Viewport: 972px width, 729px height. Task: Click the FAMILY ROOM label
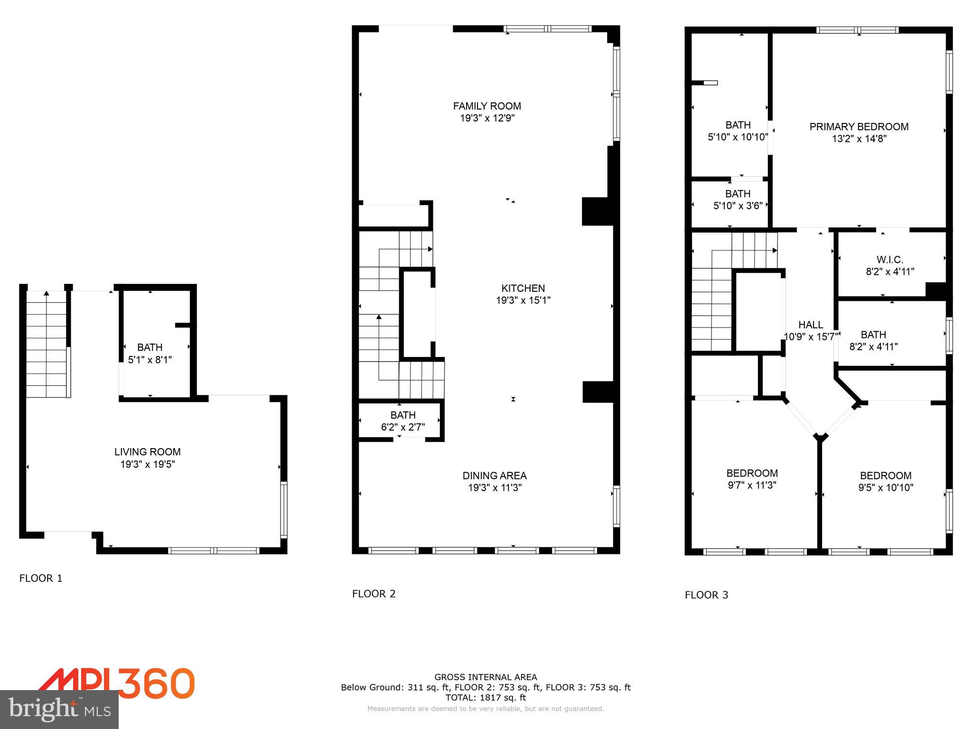(486, 106)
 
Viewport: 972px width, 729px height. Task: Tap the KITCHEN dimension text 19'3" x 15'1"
(523, 300)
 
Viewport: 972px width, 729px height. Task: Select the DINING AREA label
(495, 476)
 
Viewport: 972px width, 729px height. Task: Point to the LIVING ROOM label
(147, 452)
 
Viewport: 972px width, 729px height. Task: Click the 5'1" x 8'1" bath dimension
(150, 360)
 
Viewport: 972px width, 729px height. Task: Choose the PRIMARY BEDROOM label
(859, 127)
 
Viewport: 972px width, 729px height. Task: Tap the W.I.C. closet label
(889, 260)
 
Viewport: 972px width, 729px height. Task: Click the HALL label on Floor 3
(810, 325)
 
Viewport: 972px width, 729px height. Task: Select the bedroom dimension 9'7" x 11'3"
(752, 485)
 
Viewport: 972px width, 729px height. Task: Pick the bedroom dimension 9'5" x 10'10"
(885, 487)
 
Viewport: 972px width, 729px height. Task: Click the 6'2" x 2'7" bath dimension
(402, 427)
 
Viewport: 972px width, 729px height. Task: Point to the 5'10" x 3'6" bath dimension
(738, 206)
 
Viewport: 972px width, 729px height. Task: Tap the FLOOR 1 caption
(41, 578)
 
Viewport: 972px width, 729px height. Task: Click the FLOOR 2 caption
(374, 594)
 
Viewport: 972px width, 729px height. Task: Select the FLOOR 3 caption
(706, 595)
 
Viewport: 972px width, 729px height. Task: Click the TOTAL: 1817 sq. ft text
(486, 698)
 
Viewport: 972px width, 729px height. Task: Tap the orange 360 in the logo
(157, 683)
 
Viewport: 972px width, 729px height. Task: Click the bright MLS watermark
(59, 710)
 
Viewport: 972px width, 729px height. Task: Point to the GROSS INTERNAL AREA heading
(486, 677)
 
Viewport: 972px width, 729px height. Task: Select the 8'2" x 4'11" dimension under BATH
(873, 347)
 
